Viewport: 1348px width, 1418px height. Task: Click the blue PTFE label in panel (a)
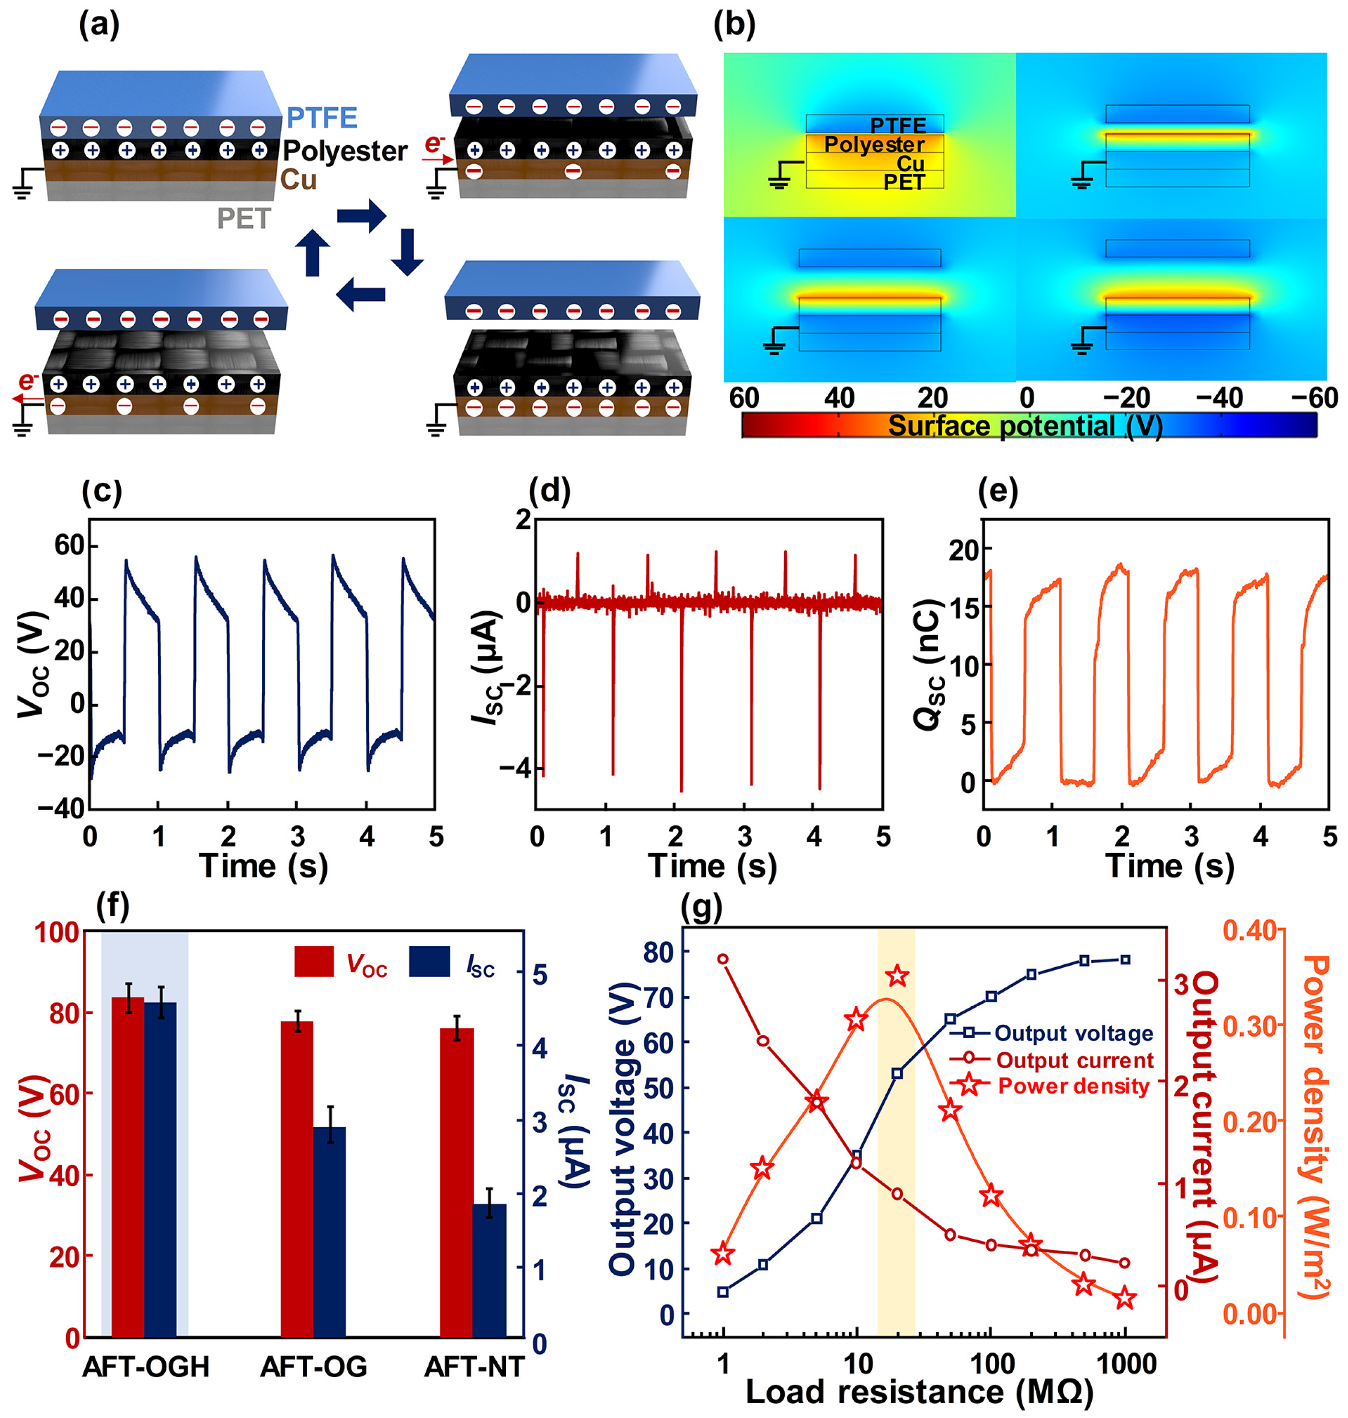(322, 117)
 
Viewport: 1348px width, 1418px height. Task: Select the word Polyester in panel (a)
(345, 151)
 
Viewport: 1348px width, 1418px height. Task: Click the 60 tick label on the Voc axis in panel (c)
(70, 546)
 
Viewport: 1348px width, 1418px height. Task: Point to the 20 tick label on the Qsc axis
(963, 550)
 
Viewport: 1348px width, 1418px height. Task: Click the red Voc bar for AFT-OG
(297, 1178)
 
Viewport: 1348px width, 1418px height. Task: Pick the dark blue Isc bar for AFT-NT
(490, 1270)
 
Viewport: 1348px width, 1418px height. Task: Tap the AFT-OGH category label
(146, 1366)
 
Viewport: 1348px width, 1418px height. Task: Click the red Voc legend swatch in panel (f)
(314, 961)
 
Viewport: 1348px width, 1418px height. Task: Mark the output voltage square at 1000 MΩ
(1125, 960)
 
